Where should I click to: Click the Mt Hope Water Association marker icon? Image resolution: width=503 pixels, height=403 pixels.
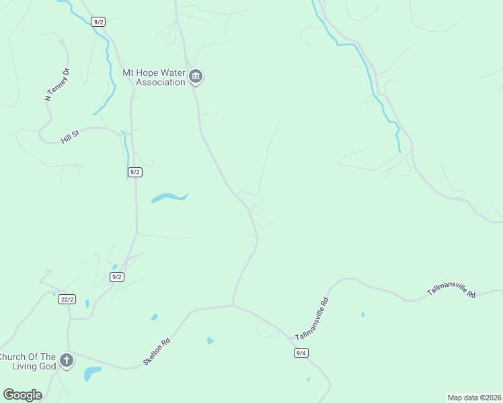196,77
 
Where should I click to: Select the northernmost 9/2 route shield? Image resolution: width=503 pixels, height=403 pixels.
99,22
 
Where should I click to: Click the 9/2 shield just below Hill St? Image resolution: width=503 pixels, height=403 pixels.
134,172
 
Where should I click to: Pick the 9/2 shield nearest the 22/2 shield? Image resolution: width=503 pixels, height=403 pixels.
116,277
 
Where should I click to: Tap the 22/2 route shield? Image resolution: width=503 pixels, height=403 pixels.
66,300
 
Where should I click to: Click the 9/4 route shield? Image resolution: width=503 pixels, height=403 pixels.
301,353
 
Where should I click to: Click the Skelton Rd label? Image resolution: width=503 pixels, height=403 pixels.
156,352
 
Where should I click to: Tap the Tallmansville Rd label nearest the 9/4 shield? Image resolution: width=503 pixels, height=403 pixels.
312,318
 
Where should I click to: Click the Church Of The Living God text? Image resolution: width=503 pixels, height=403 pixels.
27,361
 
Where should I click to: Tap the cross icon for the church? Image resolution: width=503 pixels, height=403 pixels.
66,361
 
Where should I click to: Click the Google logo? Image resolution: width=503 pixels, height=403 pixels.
22,395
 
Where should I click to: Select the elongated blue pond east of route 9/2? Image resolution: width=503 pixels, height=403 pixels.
169,197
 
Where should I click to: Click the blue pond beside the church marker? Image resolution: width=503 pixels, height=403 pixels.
92,373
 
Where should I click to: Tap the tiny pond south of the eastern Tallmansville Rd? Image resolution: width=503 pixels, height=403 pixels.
362,314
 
